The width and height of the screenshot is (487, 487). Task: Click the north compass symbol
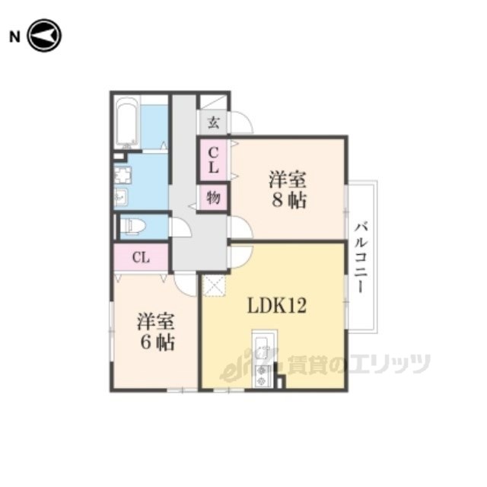coord(44,36)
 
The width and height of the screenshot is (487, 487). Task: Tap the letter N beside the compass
coord(14,37)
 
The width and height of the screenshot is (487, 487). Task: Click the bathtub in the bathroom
coord(126,123)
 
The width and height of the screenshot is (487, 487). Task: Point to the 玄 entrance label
coord(213,123)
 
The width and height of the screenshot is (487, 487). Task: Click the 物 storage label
coord(213,198)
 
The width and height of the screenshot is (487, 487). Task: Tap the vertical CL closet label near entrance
coord(213,161)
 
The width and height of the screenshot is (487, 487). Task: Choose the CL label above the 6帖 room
coord(141,257)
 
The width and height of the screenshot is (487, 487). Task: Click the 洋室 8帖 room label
coord(288,189)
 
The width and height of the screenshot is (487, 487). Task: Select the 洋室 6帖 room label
coord(156,333)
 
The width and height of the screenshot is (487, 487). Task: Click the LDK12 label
coord(277,306)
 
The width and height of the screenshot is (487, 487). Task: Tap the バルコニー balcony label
coord(361,257)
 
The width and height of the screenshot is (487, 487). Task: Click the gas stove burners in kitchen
coord(262,375)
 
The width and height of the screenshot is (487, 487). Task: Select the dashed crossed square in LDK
coord(213,285)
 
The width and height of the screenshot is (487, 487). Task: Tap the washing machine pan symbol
coord(123,175)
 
